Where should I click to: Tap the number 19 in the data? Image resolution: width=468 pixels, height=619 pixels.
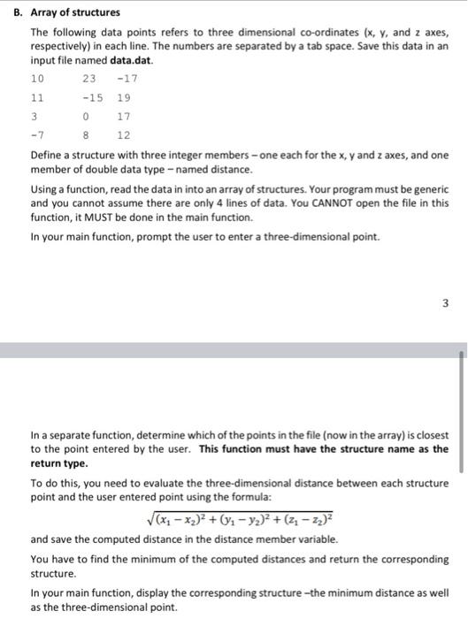[123, 98]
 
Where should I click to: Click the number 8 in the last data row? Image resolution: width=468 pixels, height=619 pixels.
[86, 135]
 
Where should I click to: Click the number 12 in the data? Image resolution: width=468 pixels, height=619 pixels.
[123, 135]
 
